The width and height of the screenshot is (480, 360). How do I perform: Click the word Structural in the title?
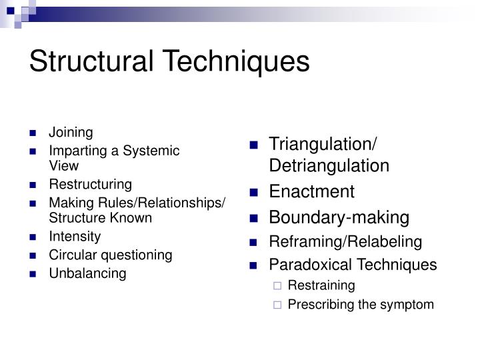(91, 61)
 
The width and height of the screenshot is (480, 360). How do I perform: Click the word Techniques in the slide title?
(236, 63)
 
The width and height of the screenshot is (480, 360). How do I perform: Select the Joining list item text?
(71, 133)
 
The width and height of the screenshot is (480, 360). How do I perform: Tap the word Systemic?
(151, 151)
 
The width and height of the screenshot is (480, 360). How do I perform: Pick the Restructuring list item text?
(91, 185)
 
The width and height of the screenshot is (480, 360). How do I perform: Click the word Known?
(131, 218)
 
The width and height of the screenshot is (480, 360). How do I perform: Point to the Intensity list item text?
(75, 237)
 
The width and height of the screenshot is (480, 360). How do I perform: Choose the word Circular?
(73, 255)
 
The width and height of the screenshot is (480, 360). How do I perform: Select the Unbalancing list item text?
(88, 273)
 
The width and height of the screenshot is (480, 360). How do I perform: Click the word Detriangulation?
(329, 165)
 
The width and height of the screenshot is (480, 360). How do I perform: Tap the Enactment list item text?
(311, 191)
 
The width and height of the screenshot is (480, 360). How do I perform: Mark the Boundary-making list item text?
(339, 218)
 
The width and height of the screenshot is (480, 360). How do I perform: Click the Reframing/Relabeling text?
(345, 242)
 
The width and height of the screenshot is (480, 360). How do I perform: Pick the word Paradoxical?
(311, 265)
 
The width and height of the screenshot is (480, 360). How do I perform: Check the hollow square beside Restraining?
(277, 286)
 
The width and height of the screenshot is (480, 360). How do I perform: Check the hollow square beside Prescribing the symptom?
(277, 305)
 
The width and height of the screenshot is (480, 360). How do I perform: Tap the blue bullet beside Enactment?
(254, 193)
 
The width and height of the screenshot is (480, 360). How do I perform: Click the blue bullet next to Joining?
(33, 133)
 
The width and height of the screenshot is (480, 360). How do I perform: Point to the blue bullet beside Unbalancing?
(33, 274)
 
